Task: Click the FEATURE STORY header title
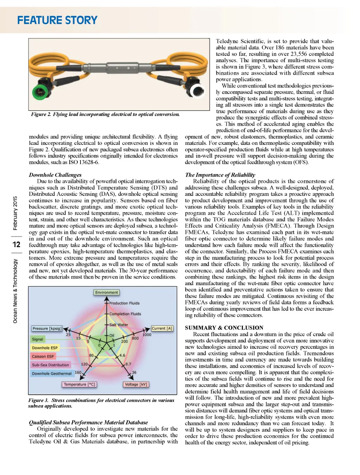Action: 57,20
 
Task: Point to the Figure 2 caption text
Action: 105,114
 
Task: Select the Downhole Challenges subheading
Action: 55,175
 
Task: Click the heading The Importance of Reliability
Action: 220,175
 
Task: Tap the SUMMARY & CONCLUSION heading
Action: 224,328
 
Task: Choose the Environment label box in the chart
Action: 107,293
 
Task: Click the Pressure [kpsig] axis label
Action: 47,328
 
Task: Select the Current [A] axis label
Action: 162,328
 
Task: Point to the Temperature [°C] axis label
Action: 79,384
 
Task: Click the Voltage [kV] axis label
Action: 136,384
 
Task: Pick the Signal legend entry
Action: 38,339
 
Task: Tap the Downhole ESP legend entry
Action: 45,348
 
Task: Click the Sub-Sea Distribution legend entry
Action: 50,365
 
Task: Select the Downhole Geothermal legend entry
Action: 52,373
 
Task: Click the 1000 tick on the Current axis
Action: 147,335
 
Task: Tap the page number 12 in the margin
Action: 16,244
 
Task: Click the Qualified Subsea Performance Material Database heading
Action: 88,422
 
